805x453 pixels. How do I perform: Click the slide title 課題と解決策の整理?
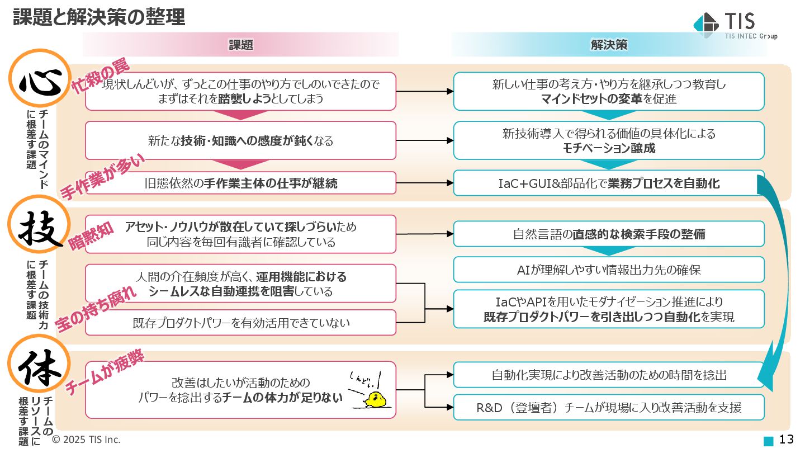click(99, 17)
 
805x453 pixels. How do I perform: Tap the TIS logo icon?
click(705, 23)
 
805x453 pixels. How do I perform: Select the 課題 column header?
click(241, 45)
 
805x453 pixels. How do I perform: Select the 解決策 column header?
click(609, 45)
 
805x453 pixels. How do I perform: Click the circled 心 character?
click(39, 79)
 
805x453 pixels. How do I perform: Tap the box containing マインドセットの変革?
click(609, 92)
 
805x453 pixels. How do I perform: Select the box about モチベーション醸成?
click(609, 141)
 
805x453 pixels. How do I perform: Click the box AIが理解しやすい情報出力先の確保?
click(609, 270)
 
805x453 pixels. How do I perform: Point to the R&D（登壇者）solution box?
click(609, 407)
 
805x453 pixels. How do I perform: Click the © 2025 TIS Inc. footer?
click(86, 440)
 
